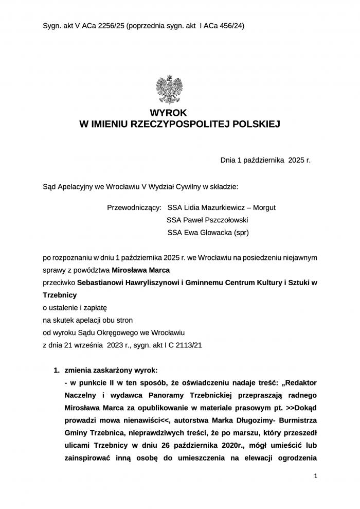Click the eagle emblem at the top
point(170,90)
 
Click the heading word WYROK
point(169,113)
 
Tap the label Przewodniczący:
point(134,207)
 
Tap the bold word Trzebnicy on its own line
point(60,295)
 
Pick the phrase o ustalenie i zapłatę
point(74,308)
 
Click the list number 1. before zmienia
point(58,371)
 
